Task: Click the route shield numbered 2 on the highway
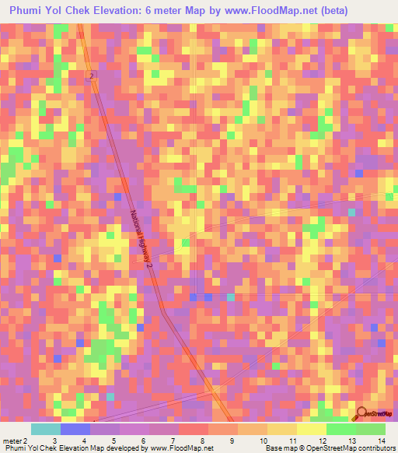91,75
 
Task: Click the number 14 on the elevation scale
381,440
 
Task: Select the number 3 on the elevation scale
54,440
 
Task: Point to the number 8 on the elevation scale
201,440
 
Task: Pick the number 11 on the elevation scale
292,440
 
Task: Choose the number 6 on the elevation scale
142,440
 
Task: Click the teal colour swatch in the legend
46,429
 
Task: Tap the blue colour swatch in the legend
75,429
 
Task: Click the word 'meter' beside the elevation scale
12,440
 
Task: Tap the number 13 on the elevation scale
351,440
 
